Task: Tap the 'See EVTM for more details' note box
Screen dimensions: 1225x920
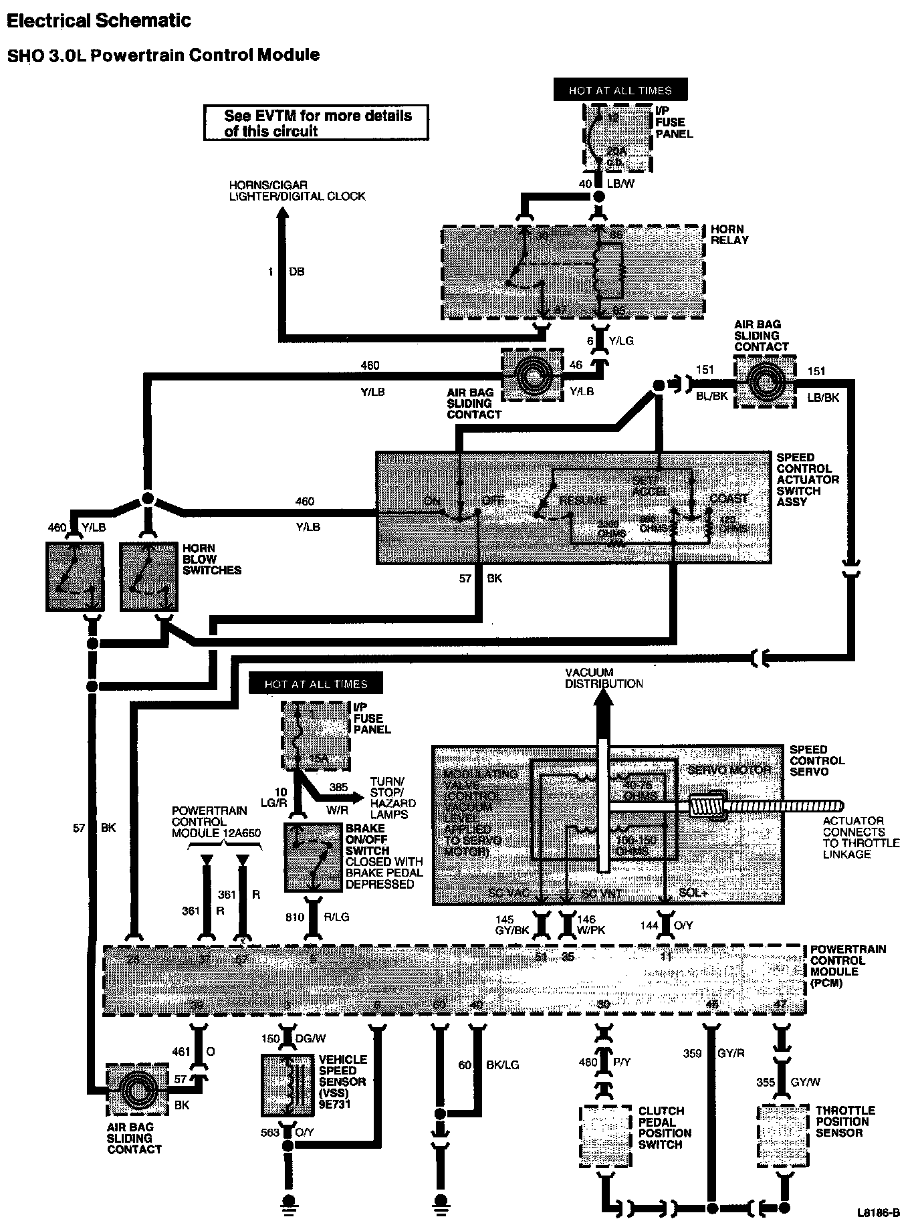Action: (x=316, y=123)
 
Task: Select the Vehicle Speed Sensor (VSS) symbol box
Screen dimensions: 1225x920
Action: (x=287, y=1085)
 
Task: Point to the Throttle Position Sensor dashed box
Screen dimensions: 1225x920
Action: (x=783, y=1135)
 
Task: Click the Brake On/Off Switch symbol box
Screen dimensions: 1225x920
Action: (x=313, y=858)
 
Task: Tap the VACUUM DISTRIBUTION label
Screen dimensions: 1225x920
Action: (x=603, y=678)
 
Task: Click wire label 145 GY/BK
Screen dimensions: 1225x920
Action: (x=513, y=926)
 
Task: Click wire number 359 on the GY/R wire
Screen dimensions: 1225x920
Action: (x=692, y=1054)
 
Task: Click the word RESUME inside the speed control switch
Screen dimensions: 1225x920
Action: (x=583, y=500)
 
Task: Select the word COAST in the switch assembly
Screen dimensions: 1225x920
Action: (x=729, y=499)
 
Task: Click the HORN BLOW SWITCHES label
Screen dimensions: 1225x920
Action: (x=211, y=559)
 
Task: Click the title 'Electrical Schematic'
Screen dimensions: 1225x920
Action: (x=98, y=21)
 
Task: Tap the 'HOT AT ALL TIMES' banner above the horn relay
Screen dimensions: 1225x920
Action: (x=620, y=90)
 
